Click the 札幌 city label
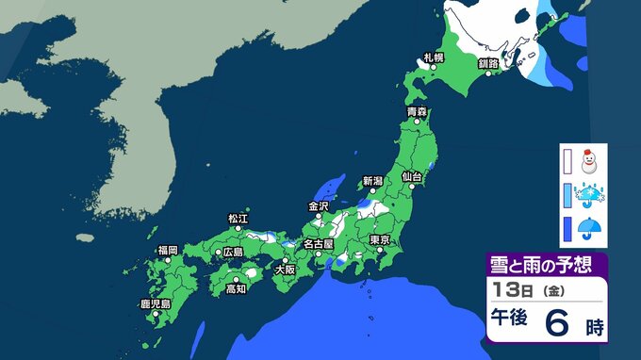[433, 58]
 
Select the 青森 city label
[417, 112]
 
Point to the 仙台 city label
[411, 176]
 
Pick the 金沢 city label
[319, 206]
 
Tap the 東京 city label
[380, 240]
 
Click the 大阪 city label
[285, 269]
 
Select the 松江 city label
[238, 219]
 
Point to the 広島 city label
[232, 253]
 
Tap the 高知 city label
[237, 289]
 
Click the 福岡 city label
[168, 250]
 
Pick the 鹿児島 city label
[155, 304]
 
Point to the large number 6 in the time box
[558, 324]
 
